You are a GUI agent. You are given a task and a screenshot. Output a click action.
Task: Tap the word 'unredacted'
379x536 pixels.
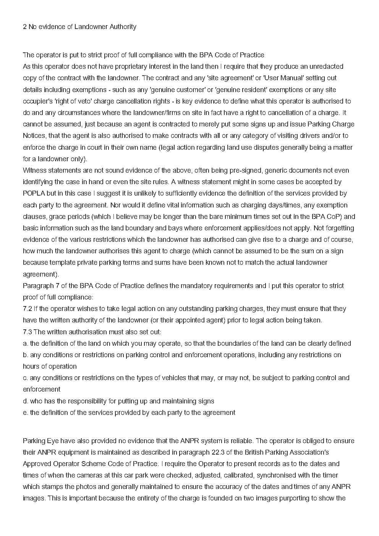[x=326, y=66]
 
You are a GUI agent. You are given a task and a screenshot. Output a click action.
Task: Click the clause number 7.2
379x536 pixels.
[x=28, y=309]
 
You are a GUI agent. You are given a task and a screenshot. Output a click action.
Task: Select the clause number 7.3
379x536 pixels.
[x=28, y=332]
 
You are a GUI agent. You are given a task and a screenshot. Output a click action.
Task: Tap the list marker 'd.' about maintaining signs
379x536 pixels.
[x=26, y=401]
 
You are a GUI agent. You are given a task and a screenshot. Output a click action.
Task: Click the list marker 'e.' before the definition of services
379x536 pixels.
[x=26, y=413]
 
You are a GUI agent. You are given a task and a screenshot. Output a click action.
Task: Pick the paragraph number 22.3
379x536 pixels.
[x=221, y=452]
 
